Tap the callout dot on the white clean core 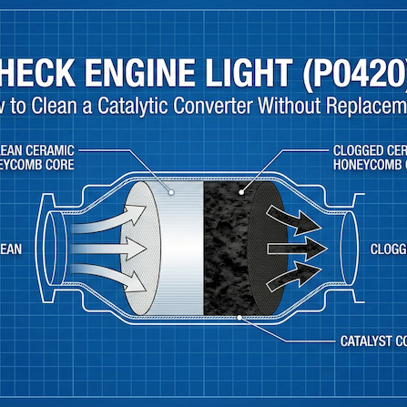coord(172,192)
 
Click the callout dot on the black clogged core coord(240,192)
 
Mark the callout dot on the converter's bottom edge coord(239,318)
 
